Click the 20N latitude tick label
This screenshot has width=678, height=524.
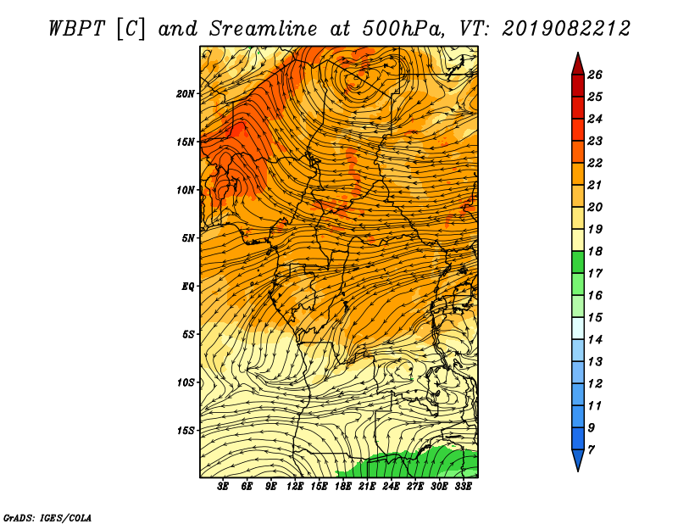pos(186,94)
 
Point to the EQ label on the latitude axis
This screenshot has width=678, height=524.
pos(188,287)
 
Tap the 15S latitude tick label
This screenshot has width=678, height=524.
pos(186,431)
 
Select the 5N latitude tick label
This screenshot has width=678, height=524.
pos(188,238)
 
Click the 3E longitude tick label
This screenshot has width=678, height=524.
pos(223,487)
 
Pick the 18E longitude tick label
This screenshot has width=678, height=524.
pos(343,487)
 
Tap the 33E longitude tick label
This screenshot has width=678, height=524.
pos(463,487)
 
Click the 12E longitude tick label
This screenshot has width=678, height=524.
pos(295,487)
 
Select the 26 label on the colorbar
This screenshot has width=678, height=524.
pos(595,75)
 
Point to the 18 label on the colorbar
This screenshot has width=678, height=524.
pos(595,251)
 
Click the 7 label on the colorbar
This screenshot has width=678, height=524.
pos(591,450)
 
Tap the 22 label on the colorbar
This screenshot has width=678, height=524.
pos(595,163)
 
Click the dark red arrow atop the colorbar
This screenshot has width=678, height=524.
pos(578,64)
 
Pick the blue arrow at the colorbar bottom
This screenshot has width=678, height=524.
pos(578,460)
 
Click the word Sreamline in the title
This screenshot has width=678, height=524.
pos(264,29)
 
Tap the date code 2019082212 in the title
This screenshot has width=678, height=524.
pos(566,29)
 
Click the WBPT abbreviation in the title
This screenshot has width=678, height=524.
pos(76,29)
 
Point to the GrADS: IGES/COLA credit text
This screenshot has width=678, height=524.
pos(47,518)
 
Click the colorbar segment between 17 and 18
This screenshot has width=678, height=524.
pos(578,262)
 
